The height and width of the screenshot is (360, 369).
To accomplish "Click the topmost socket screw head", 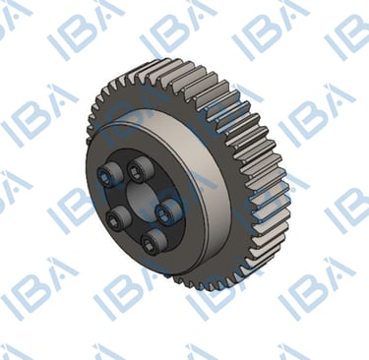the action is click(x=141, y=169).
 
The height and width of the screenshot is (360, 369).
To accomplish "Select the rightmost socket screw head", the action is click(x=168, y=212).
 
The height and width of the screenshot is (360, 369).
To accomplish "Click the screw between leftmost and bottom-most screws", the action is click(x=119, y=219).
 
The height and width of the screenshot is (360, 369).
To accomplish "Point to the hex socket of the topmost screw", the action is click(x=136, y=170).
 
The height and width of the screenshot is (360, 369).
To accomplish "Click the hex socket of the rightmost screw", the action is click(x=163, y=213).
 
